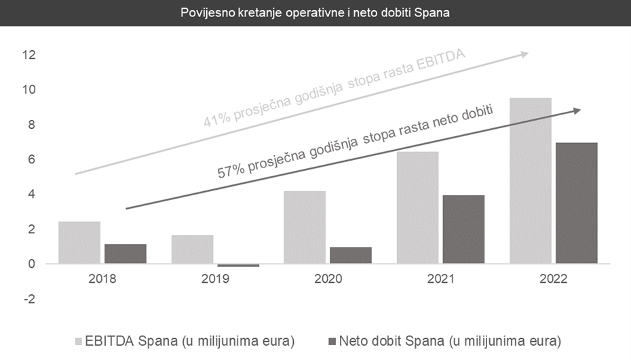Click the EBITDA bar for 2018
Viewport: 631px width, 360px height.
click(x=79, y=243)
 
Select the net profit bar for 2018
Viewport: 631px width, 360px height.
click(x=126, y=254)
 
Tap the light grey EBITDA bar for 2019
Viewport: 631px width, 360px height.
click(x=192, y=249)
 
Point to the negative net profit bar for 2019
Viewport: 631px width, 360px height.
click(x=238, y=265)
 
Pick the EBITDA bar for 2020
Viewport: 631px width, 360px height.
click(x=305, y=227)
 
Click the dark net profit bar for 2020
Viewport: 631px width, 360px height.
click(x=351, y=255)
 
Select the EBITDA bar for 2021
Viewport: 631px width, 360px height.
click(x=417, y=207)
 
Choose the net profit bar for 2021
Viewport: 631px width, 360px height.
click(x=463, y=229)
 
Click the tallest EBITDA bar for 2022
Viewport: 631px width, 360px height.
click(x=530, y=180)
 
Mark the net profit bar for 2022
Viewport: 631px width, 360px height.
click(x=576, y=203)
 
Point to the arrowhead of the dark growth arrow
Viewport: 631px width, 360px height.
click(x=577, y=111)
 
